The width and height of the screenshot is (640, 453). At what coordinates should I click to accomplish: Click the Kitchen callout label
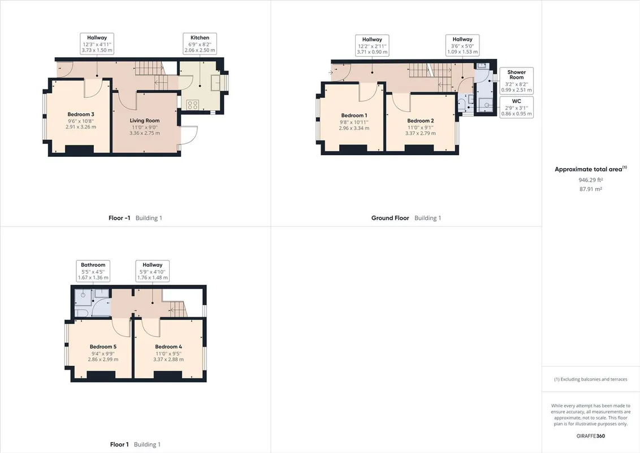(x=200, y=44)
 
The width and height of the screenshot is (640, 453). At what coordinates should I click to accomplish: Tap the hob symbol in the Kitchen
(x=193, y=105)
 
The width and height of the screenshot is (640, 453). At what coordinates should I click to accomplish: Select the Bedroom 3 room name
(x=81, y=114)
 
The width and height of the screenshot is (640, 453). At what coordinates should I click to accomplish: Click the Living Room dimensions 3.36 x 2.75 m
(x=145, y=133)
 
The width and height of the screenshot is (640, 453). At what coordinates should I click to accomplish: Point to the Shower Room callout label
(x=516, y=80)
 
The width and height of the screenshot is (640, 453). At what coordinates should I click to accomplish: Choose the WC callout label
(x=516, y=108)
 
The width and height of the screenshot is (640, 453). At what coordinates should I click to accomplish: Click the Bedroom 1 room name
(x=354, y=116)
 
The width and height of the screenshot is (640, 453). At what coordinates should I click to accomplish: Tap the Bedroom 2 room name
(x=421, y=121)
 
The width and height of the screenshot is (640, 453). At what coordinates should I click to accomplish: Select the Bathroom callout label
(x=93, y=271)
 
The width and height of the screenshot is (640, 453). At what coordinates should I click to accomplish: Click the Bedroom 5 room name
(x=103, y=347)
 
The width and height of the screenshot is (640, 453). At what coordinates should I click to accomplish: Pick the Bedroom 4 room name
(x=168, y=347)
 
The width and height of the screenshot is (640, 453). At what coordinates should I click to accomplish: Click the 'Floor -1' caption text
(x=119, y=218)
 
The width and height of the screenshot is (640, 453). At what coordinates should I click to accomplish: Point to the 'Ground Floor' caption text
(x=390, y=218)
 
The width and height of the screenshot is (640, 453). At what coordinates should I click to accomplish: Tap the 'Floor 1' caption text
(x=119, y=445)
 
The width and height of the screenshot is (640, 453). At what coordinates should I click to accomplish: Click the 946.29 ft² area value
(x=591, y=180)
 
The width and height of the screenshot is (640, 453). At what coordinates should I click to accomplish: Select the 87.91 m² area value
(x=591, y=189)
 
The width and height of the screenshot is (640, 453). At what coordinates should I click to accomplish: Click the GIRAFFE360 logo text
(x=591, y=436)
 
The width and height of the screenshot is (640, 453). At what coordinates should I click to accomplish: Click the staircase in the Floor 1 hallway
(x=178, y=308)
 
